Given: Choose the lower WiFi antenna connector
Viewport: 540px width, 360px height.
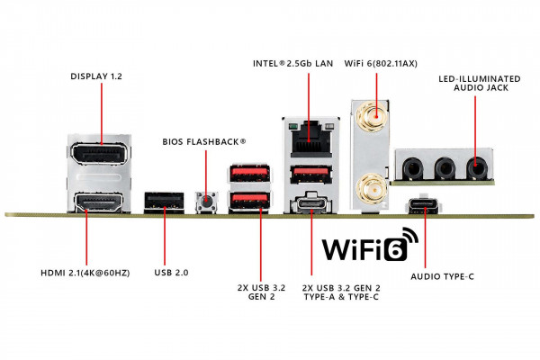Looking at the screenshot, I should pos(369,188).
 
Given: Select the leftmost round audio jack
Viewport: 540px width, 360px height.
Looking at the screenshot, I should pos(413,166).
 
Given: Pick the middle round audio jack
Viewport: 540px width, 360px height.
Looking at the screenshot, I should pos(445,166).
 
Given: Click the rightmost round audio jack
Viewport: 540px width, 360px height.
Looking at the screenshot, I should pos(475,166).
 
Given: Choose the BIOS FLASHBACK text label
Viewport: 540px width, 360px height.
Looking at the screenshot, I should pos(203,141).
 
